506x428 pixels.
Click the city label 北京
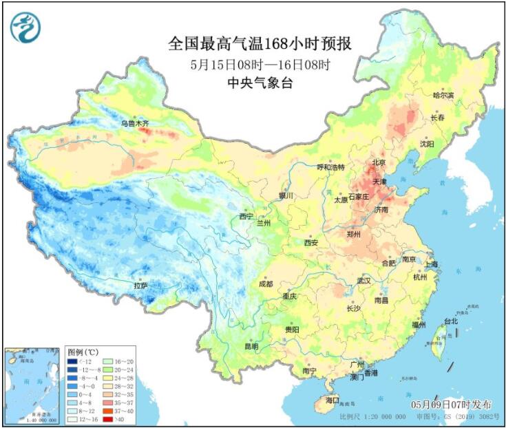tap(378, 163)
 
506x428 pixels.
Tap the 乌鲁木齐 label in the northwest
tap(135, 123)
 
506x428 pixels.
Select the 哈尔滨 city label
tap(443, 95)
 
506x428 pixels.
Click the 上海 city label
tap(432, 264)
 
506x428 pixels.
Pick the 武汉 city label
tap(363, 281)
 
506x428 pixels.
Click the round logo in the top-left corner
tap(25, 28)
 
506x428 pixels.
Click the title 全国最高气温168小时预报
tap(260, 44)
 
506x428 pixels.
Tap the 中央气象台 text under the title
tap(260, 81)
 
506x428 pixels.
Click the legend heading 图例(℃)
tap(83, 351)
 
